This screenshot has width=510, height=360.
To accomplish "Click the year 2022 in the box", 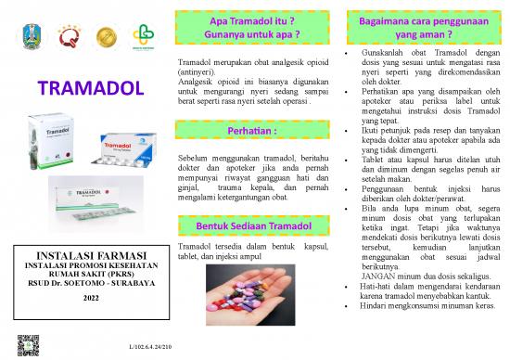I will (91, 297).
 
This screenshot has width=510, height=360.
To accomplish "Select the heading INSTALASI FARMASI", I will (91, 254).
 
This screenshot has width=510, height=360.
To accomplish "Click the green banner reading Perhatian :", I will (251, 132).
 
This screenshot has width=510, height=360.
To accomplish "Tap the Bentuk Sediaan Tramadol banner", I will (252, 226).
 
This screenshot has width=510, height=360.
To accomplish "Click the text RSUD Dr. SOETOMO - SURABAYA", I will (91, 284).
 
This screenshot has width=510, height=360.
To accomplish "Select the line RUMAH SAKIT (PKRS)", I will (91, 274).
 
